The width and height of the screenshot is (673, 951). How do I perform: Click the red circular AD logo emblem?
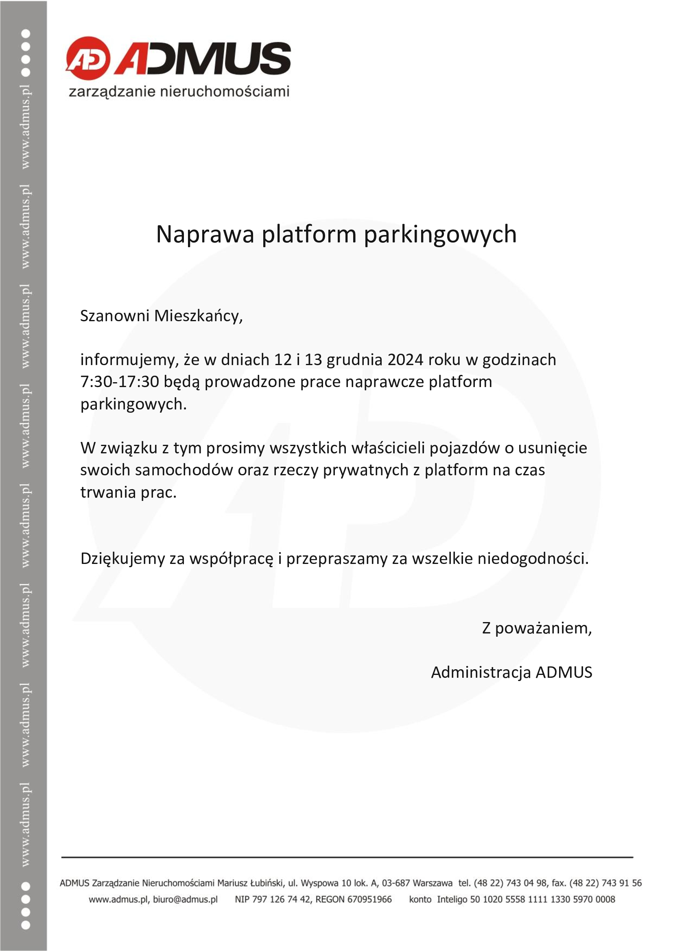(88, 59)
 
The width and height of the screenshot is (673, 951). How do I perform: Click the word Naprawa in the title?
(205, 235)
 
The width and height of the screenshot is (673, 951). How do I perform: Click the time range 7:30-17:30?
(119, 381)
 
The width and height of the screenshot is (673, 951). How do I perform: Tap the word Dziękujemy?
(122, 559)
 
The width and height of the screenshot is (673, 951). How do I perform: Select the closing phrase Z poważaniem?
(536, 628)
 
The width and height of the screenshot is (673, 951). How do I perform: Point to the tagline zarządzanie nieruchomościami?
(179, 91)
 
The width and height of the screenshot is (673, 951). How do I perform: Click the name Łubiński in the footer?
(268, 883)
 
